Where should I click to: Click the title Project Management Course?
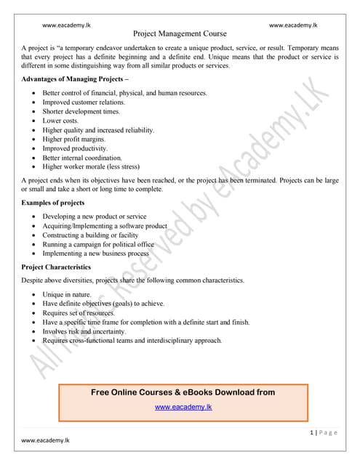[180, 33]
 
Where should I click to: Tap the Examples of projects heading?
[54, 203]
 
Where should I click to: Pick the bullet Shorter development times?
[85, 112]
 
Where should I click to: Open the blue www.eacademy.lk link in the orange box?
[183, 407]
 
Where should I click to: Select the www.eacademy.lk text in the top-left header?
[67, 25]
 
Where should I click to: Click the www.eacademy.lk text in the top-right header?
[293, 25]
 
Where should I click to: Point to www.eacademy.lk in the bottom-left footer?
[45, 440]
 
